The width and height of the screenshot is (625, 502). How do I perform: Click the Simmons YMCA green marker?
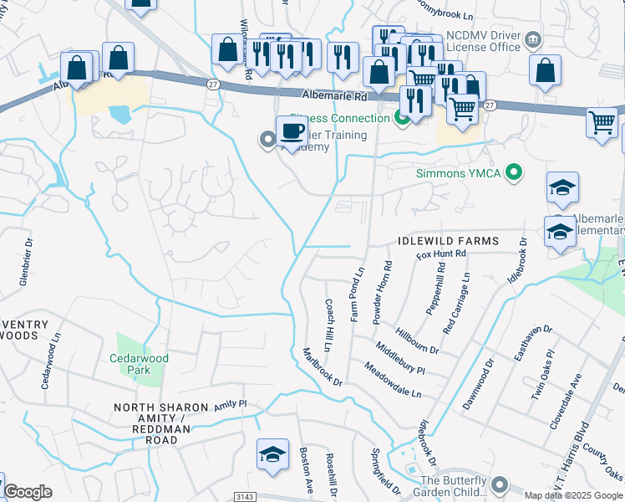(515, 173)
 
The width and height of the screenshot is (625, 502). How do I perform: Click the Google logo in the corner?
(28, 492)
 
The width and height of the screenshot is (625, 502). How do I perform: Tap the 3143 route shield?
(244, 496)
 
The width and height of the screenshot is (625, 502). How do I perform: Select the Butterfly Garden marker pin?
(500, 485)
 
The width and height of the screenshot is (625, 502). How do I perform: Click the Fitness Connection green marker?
(402, 118)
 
